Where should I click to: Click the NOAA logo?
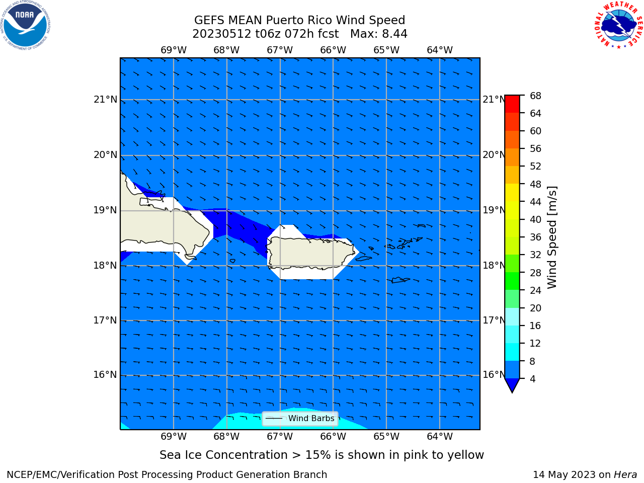coord(25,25)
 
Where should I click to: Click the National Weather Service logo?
coord(618,25)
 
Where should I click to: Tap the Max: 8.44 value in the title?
coord(378,34)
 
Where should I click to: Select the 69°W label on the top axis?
coord(174,50)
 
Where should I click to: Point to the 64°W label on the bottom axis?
coord(440,436)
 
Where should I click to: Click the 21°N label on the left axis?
coord(105,100)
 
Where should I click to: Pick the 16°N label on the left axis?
coord(105,374)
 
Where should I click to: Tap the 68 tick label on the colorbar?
coord(535,96)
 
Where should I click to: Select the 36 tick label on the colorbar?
coord(535,237)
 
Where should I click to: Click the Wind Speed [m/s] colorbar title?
coord(552,237)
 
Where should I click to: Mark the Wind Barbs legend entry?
coord(300,418)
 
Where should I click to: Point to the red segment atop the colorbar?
coord(512,104)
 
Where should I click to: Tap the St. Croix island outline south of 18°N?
coord(400,280)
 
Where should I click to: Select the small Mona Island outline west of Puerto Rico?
coord(232,261)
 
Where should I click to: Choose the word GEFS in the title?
coord(209,20)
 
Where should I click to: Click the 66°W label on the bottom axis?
coord(333,436)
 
